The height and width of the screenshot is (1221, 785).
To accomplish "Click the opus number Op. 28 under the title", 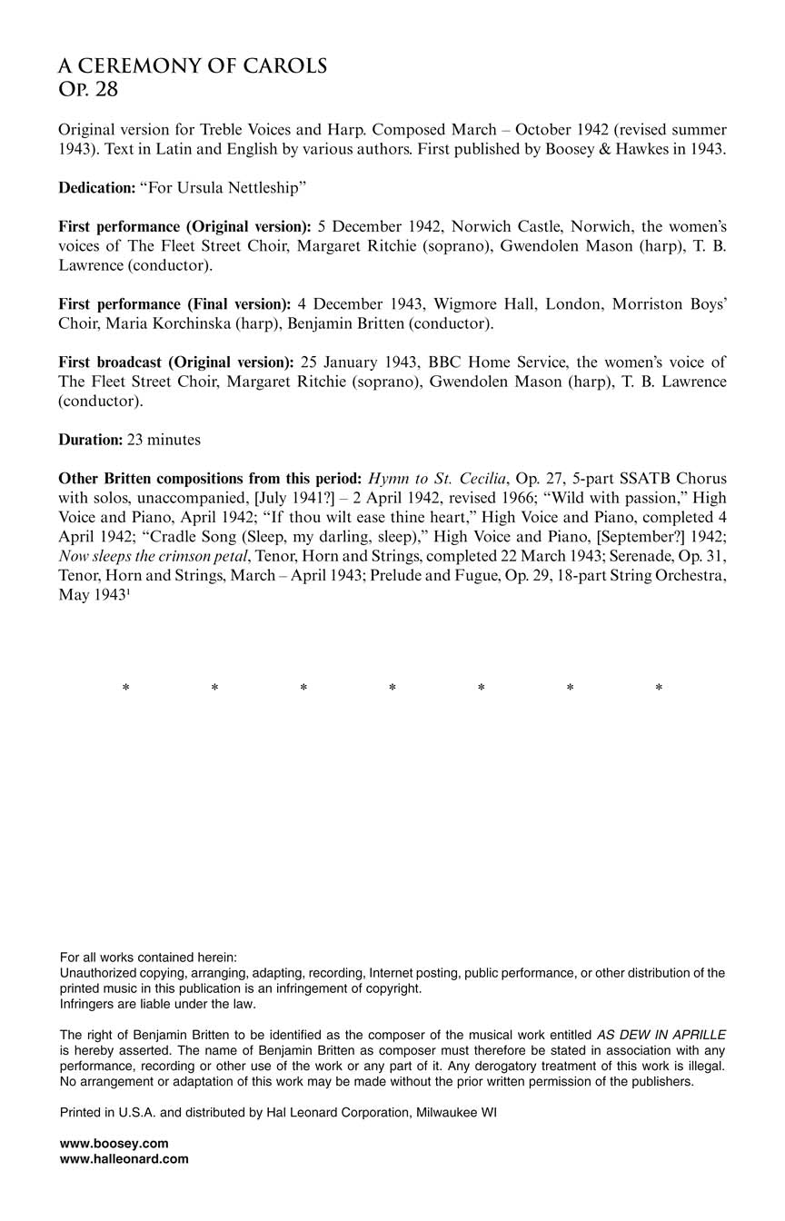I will pyautogui.click(x=88, y=89).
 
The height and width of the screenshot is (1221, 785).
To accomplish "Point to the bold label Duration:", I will pyautogui.click(x=90, y=439).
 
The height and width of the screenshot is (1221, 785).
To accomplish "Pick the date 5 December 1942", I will pyautogui.click(x=374, y=226).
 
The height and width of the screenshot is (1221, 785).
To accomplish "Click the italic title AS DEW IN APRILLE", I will pyautogui.click(x=661, y=1035).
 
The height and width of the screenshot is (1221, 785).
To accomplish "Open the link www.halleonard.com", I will pyautogui.click(x=124, y=1158).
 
